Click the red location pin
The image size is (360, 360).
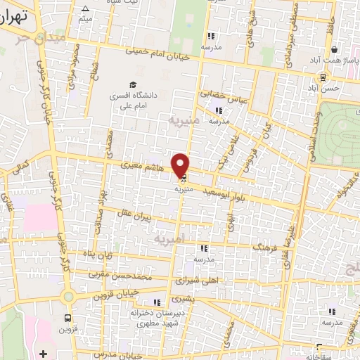181,165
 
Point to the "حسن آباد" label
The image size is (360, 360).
328,89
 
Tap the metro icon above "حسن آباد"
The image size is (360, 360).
323,77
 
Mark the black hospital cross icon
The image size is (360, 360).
44,352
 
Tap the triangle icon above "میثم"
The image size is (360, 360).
85,9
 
